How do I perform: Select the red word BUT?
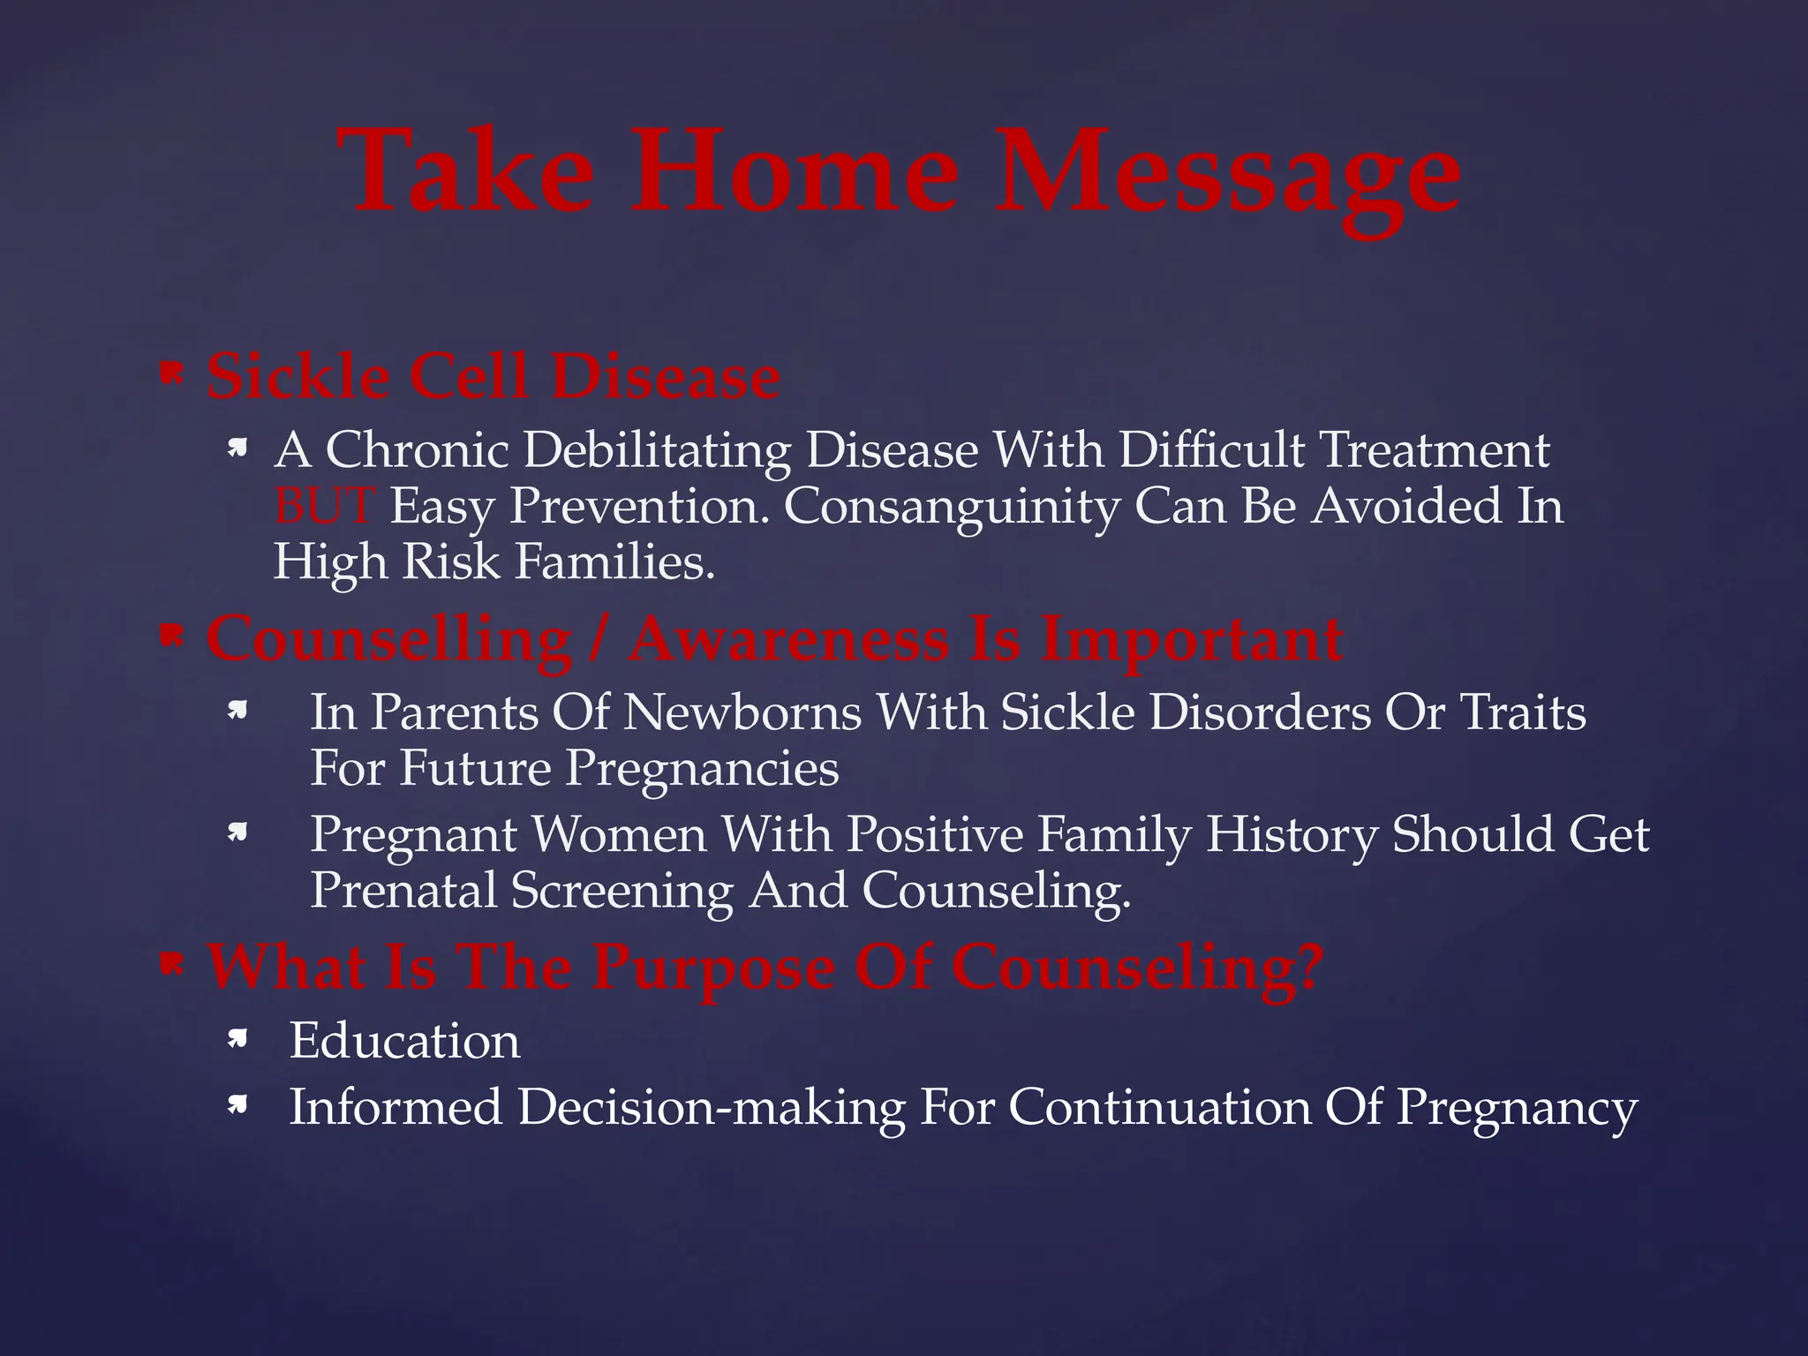point(322,506)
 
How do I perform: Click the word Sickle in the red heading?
point(298,377)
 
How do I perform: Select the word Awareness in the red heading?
point(788,638)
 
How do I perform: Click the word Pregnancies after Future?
point(702,768)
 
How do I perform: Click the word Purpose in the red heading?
point(712,967)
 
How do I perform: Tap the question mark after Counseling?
point(1307,967)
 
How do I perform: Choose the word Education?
point(404,1041)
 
